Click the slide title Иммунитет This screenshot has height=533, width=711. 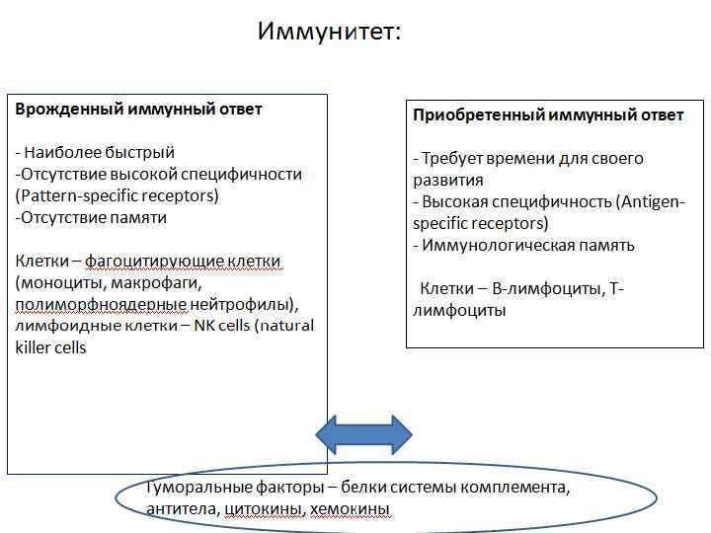[x=329, y=33]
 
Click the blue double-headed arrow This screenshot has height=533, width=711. [x=363, y=434]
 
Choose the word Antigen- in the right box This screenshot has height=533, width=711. [x=651, y=202]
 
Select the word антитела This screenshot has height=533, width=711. [x=182, y=510]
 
